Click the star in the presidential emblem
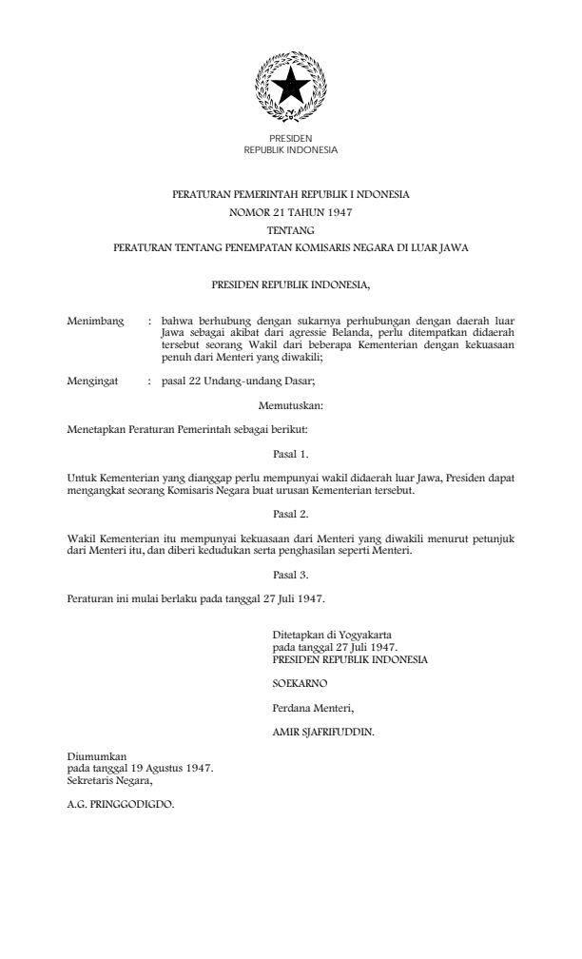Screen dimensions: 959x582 290,88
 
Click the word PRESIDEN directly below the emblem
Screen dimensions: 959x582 290,139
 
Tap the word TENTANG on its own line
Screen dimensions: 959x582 290,230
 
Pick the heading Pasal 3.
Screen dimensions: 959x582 290,576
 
